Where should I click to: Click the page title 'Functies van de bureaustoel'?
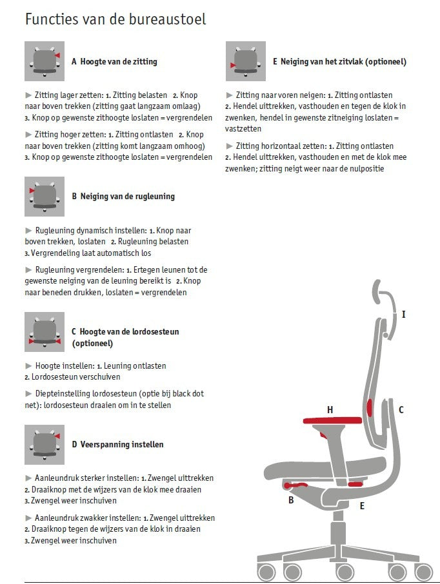(115, 19)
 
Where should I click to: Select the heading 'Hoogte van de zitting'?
(119, 61)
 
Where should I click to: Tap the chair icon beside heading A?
(45, 61)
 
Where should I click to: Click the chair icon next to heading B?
(45, 197)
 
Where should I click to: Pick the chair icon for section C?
(45, 332)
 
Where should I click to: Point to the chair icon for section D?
(45, 445)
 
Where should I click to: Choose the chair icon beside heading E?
(246, 61)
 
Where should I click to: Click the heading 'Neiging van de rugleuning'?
(128, 197)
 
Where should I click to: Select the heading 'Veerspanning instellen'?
(122, 444)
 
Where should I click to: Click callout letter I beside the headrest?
(403, 315)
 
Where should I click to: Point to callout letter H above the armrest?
(330, 410)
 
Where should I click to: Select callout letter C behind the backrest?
(401, 410)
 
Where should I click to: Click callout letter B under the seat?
(291, 500)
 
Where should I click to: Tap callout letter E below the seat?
(362, 506)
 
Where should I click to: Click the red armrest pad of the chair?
(332, 420)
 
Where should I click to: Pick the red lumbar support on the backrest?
(370, 407)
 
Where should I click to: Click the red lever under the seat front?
(295, 485)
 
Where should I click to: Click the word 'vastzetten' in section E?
(243, 129)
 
